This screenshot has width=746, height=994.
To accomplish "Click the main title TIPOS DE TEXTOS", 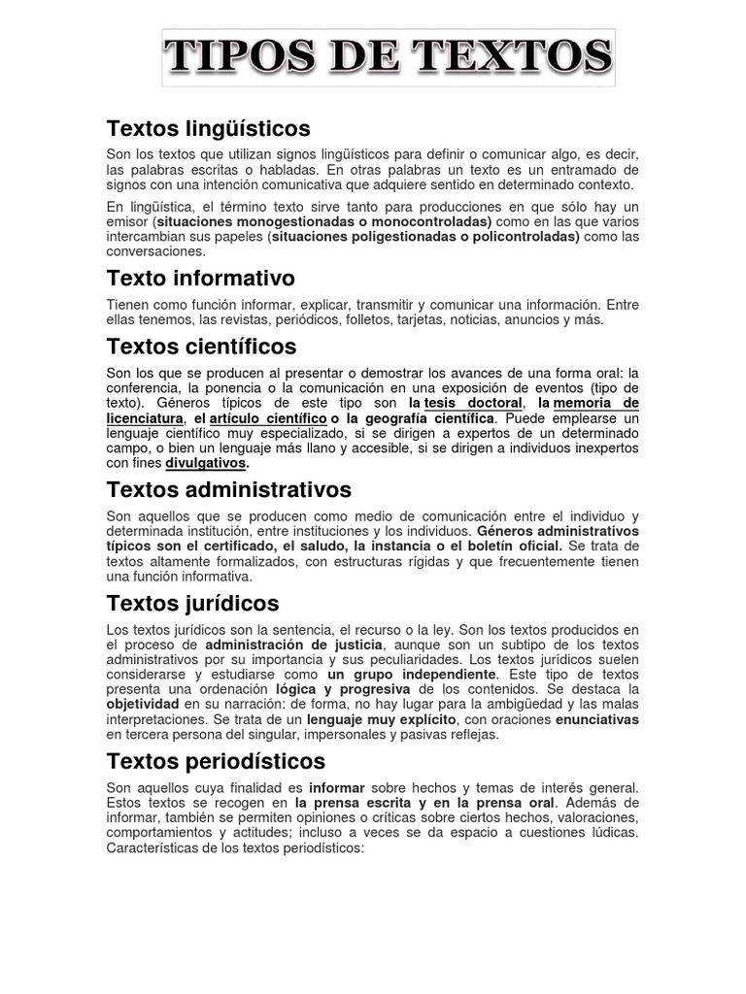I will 389,56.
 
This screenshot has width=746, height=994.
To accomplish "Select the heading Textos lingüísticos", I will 208,128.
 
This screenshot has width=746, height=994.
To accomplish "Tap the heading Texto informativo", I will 200,279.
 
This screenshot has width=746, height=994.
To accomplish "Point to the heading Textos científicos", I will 201,347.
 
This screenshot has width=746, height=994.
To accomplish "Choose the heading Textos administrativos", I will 228,489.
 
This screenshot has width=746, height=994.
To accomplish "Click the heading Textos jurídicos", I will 192,604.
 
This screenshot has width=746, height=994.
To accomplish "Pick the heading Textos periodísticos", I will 216,761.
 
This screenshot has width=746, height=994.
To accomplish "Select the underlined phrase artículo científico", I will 268,418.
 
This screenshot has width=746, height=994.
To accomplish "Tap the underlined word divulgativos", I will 206,463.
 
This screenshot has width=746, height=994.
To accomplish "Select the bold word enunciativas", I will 597,720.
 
